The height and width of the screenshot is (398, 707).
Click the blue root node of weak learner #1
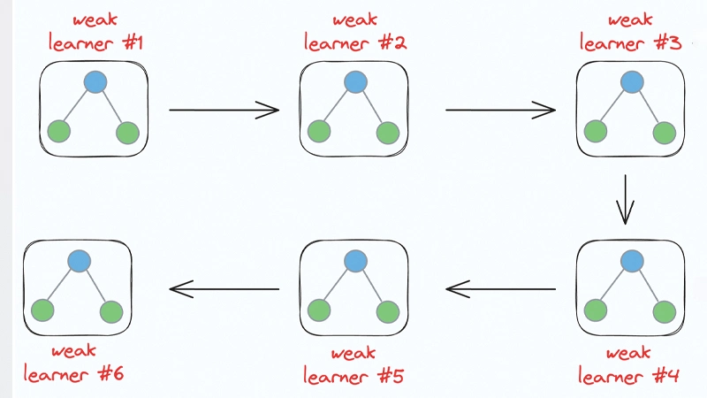(95, 82)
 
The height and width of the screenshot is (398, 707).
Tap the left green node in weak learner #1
(59, 133)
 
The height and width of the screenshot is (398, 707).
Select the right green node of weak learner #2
(387, 133)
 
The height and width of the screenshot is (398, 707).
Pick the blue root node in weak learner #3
(631, 82)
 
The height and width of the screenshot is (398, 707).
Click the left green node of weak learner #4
(596, 310)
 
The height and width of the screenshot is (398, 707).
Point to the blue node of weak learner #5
(355, 261)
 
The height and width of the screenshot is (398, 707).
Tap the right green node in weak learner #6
(111, 311)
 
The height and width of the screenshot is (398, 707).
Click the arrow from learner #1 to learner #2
(224, 110)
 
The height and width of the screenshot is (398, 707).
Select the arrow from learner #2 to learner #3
(500, 110)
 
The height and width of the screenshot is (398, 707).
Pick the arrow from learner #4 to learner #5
(500, 288)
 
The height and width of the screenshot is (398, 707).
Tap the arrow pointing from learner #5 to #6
(224, 288)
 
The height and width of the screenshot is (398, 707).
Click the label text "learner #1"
(95, 42)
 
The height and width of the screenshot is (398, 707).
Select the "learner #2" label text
(355, 42)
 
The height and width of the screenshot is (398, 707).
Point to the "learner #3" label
(630, 42)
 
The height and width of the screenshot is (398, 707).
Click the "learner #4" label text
(628, 375)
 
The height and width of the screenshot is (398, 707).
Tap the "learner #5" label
(353, 375)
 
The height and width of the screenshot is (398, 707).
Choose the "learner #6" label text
(74, 374)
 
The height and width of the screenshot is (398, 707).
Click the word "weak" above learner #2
(355, 19)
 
